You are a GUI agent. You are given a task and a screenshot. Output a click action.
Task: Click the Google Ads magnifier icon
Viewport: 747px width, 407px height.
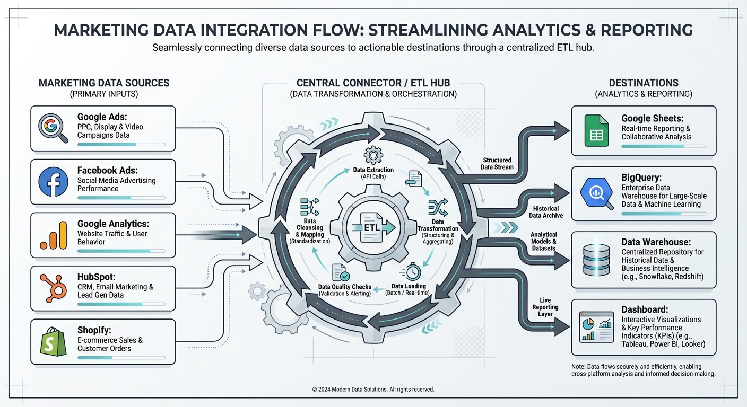(x=53, y=128)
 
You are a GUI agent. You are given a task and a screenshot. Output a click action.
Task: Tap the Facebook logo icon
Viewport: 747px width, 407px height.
(x=53, y=182)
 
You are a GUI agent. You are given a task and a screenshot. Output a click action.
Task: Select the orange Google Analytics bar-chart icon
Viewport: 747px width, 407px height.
(x=53, y=235)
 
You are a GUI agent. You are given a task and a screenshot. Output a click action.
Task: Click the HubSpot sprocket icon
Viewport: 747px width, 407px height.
(x=53, y=288)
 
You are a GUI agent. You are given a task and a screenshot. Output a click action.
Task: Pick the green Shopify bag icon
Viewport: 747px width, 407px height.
(x=53, y=341)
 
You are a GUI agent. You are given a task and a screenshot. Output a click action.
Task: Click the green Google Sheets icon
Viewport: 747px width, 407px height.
(x=596, y=130)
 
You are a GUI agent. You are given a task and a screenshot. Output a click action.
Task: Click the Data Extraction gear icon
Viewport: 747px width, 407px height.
(x=372, y=155)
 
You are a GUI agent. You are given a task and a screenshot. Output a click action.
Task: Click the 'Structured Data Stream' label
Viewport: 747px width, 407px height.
(x=497, y=163)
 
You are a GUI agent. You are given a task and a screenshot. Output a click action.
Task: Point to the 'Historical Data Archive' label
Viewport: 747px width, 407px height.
(x=545, y=212)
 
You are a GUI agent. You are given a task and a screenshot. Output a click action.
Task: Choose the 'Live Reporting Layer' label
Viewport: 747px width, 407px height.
(x=545, y=307)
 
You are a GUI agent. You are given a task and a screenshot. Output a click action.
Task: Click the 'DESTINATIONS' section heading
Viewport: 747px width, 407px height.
(x=643, y=83)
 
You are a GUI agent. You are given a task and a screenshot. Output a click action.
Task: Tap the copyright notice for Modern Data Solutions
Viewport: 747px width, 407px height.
(x=373, y=390)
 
